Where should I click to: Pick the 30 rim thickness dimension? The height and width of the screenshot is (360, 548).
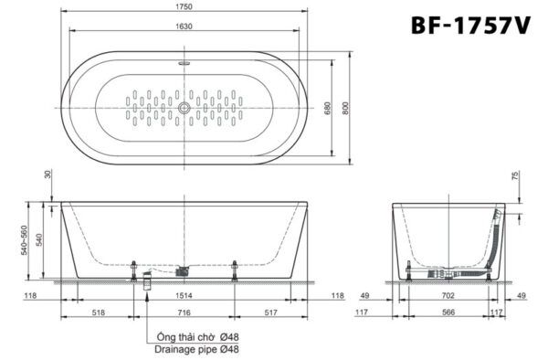tap(47, 175)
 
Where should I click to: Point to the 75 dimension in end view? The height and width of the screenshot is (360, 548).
tap(515, 176)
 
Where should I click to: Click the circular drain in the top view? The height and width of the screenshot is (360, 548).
tap(185, 108)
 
